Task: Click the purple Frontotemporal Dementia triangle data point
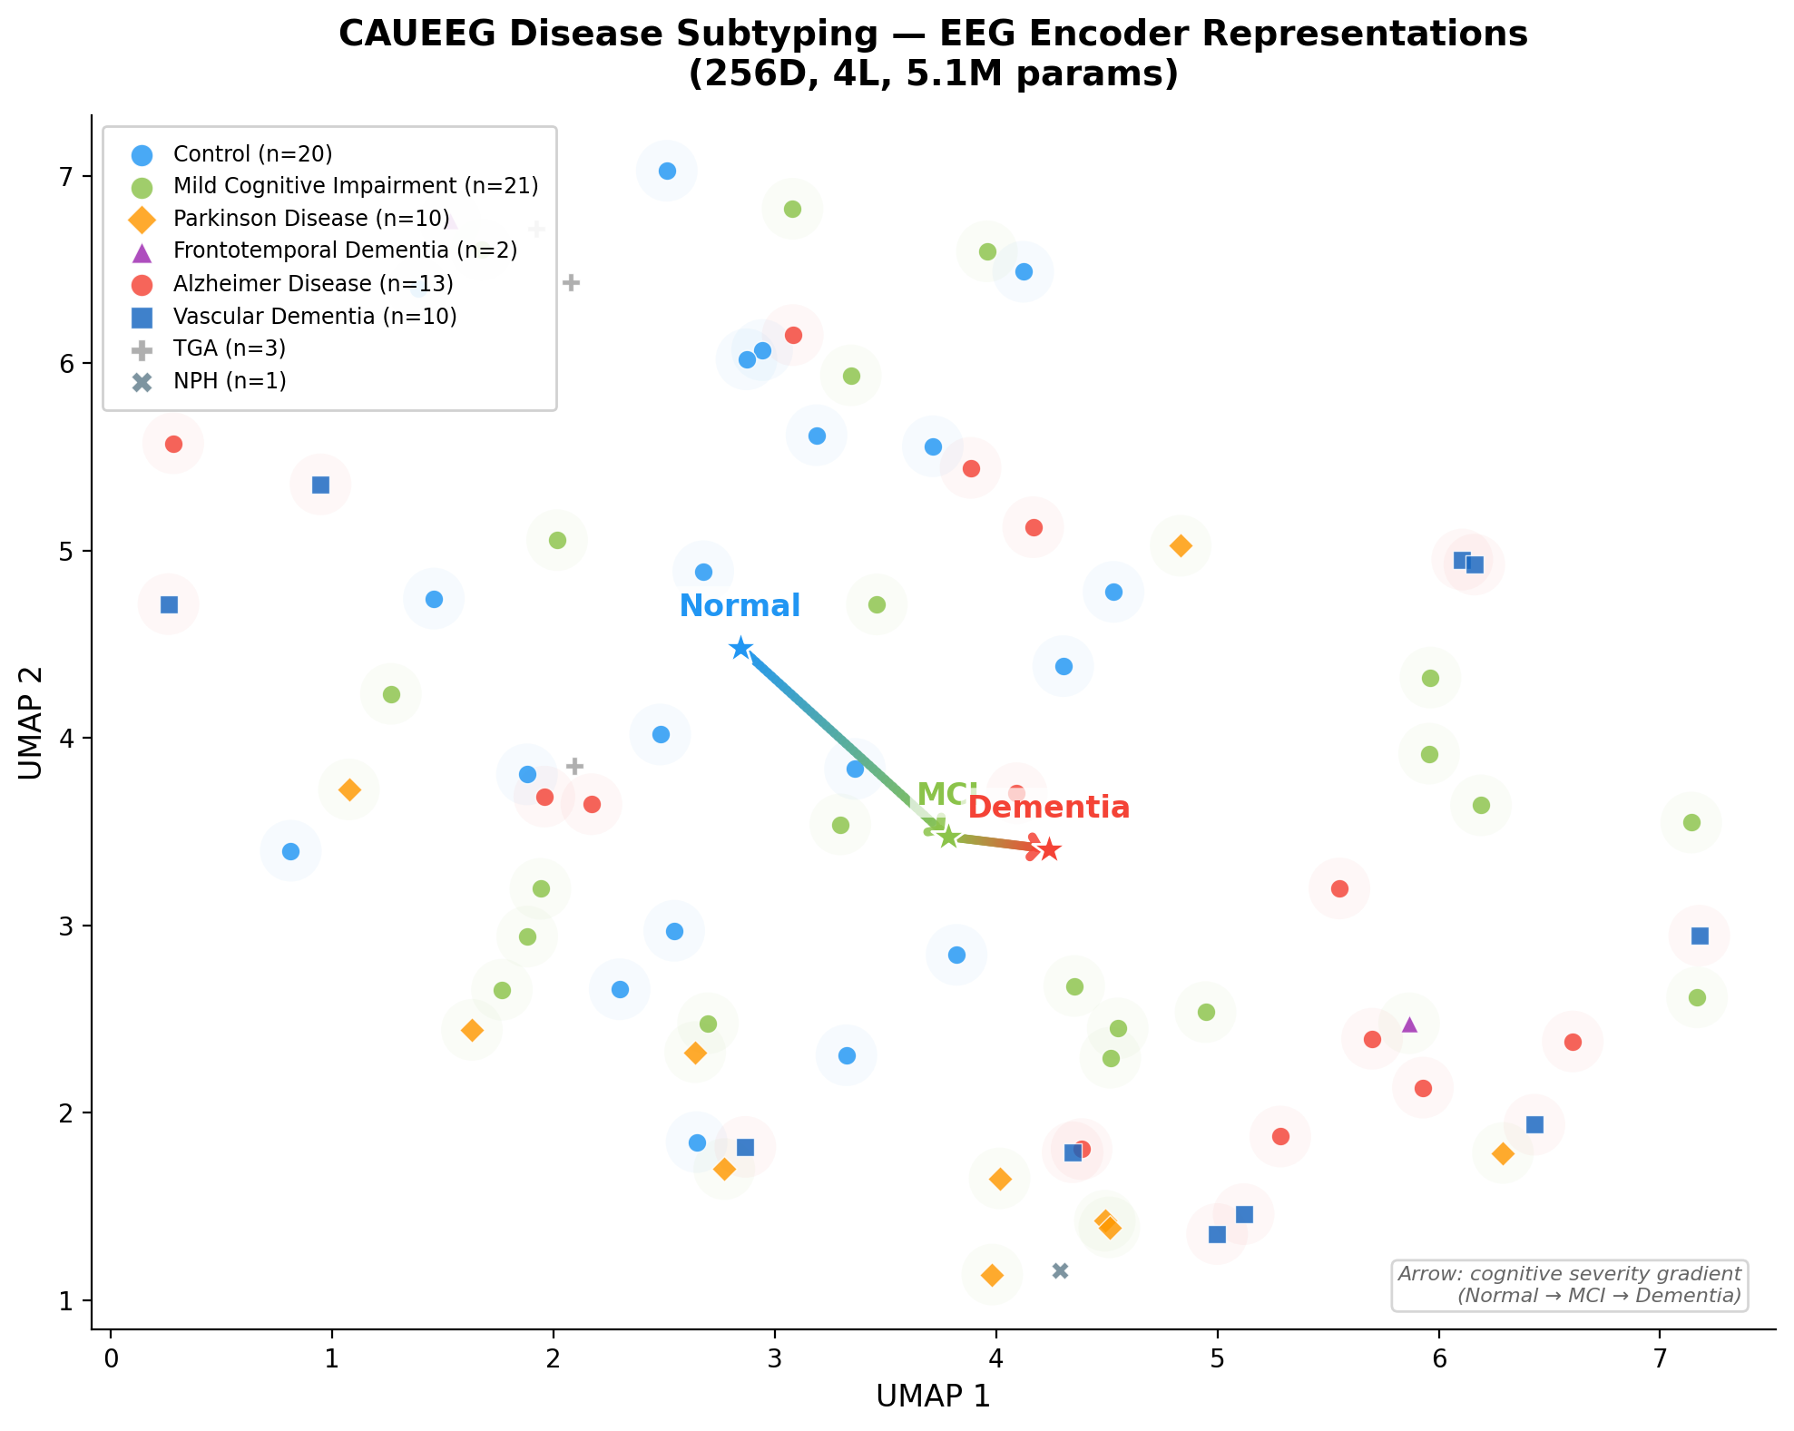1409,1024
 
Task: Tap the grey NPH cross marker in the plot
1060,1270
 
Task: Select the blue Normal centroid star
741,648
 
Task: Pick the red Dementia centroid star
1049,850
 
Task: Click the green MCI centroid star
948,837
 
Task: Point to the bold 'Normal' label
740,606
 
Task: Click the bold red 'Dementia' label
1049,808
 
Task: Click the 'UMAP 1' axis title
933,1396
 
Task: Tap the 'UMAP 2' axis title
31,723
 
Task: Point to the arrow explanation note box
1569,1285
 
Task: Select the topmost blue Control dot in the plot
667,171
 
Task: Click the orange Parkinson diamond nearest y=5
1181,545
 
